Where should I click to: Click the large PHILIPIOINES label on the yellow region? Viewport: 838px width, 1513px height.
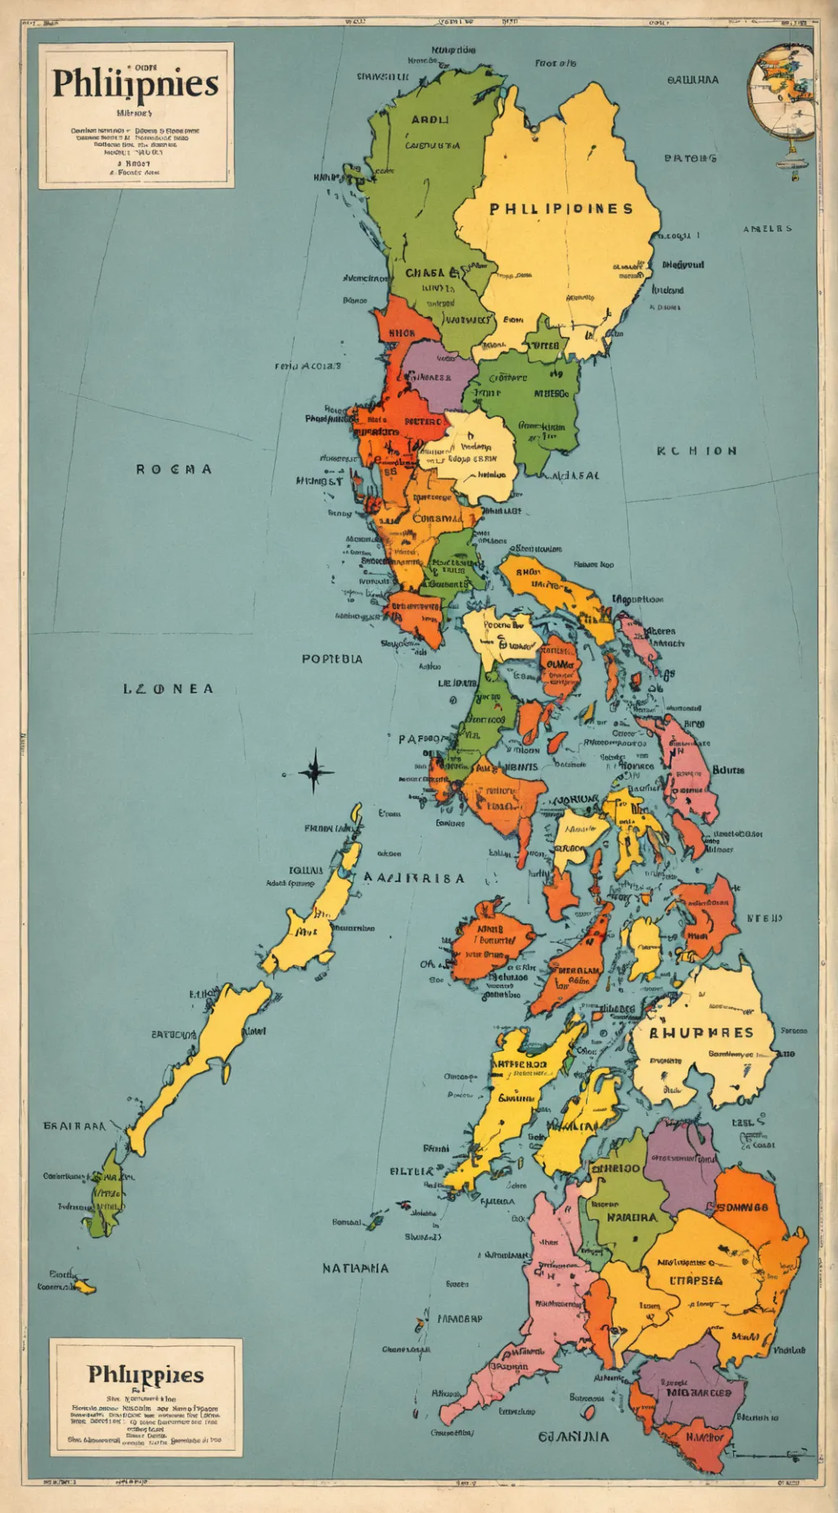coord(561,209)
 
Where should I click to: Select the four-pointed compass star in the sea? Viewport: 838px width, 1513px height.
coord(314,771)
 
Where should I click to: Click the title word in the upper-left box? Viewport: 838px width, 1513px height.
coord(136,84)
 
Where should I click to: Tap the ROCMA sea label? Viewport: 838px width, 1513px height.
coord(173,469)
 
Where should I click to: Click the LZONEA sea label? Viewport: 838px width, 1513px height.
coord(168,689)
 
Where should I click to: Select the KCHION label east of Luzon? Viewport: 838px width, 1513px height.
coord(696,451)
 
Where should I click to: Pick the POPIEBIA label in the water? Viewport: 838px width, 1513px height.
coord(331,658)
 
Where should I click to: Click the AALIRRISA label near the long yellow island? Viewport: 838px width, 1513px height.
coord(414,878)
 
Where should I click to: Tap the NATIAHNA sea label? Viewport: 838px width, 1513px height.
coord(355,1268)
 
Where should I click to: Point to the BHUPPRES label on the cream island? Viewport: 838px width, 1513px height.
coord(701,1032)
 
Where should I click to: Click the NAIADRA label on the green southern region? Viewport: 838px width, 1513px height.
coord(632,1217)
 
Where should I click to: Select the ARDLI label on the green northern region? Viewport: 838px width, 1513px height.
coord(430,120)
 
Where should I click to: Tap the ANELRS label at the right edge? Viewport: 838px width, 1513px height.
coord(767,228)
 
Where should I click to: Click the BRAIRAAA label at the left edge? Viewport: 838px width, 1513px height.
coord(74,1126)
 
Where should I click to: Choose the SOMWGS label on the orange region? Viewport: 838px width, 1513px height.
coord(742,1207)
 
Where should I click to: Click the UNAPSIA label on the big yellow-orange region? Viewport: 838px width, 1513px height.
coord(696,1280)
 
